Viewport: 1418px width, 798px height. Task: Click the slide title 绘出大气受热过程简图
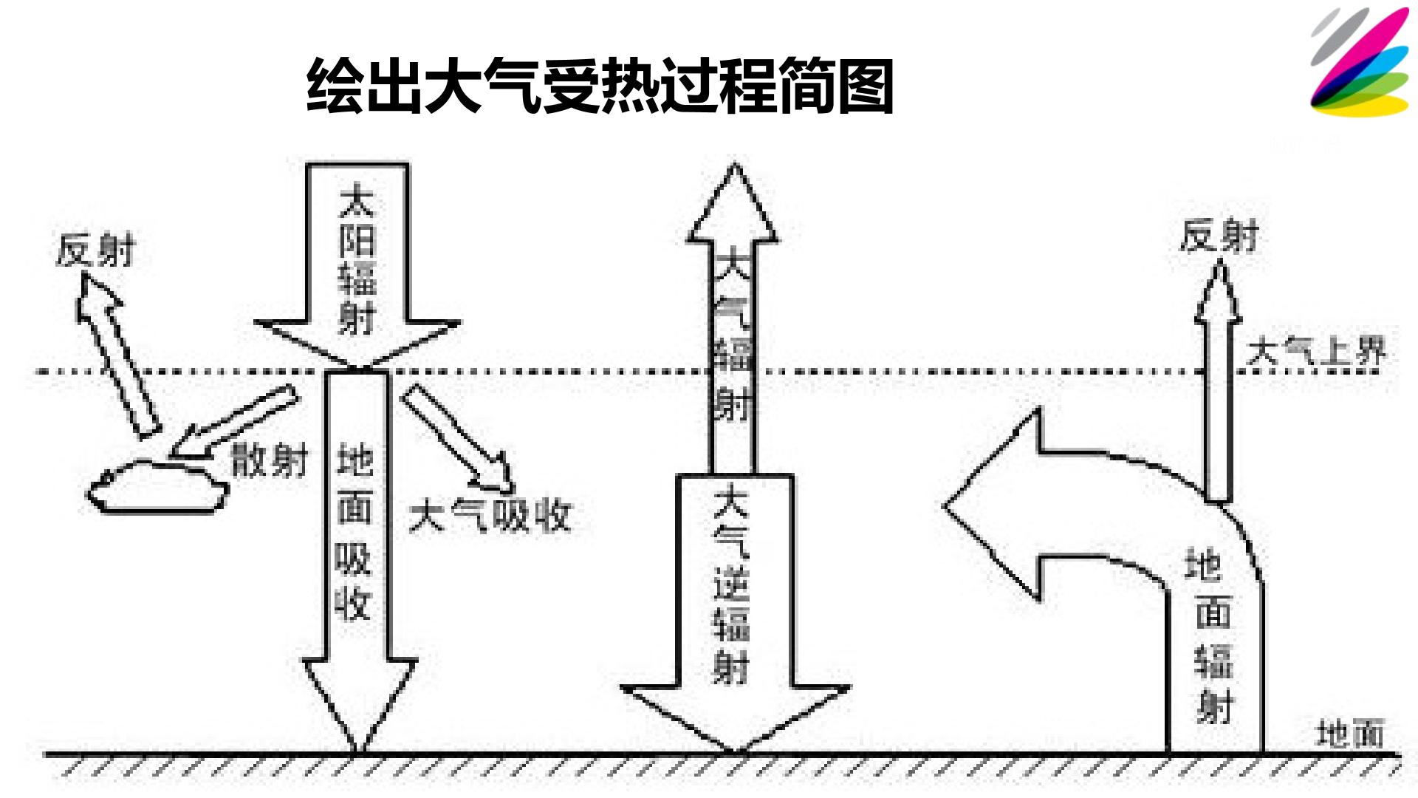pos(600,86)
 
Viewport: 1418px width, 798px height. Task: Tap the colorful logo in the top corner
pos(1360,62)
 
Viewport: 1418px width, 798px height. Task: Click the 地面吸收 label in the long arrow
pos(354,532)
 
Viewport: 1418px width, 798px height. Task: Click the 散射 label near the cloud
pos(269,461)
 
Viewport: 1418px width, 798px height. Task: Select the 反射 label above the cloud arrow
pos(96,250)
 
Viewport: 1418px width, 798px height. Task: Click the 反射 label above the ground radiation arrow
pos(1219,236)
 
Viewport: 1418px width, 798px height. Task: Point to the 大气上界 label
pos(1316,351)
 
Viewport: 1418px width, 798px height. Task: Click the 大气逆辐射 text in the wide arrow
pos(732,584)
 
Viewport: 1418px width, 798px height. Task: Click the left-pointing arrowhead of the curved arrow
pos(993,505)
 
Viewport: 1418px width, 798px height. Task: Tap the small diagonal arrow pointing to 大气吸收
pos(458,437)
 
